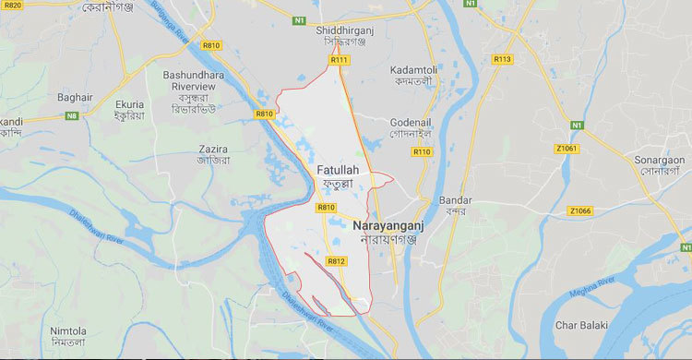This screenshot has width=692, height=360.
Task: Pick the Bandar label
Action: [x=455, y=200]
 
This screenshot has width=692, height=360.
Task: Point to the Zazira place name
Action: [x=213, y=148]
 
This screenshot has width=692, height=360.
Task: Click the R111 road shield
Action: [x=340, y=60]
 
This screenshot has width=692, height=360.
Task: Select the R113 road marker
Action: [x=502, y=59]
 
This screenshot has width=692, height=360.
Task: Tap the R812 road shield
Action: [x=335, y=261]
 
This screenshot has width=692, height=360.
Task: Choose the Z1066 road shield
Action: [x=580, y=210]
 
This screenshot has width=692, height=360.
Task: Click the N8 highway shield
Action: [x=72, y=116]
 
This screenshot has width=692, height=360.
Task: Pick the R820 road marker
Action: [x=13, y=5]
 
